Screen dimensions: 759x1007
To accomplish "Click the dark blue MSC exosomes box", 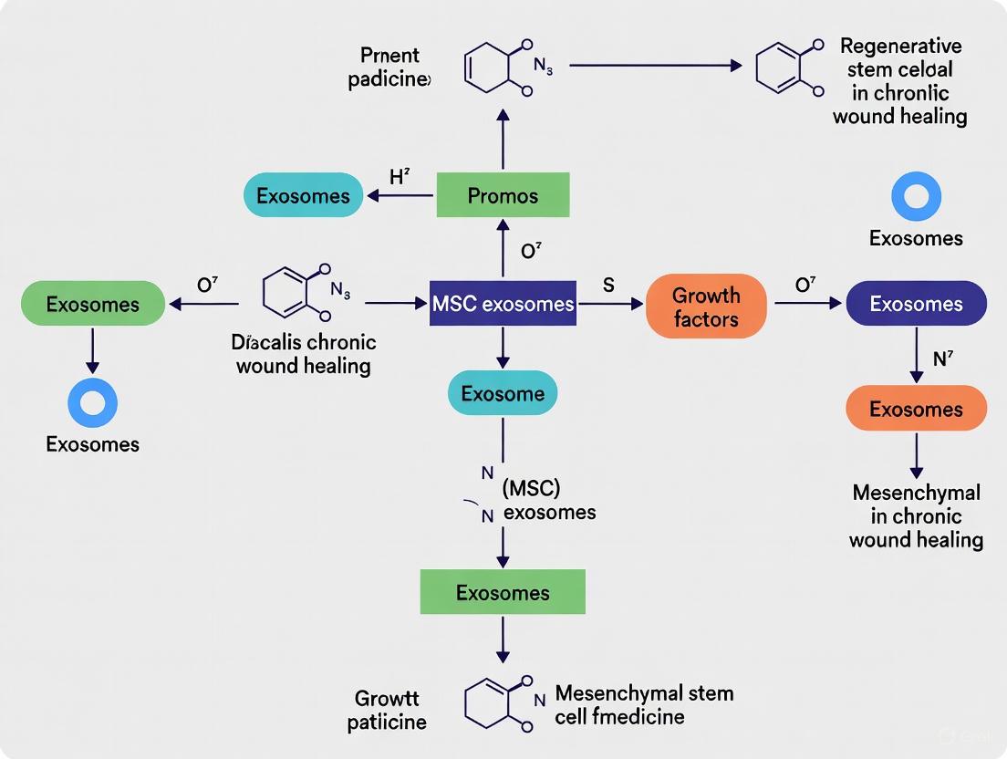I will [503, 304].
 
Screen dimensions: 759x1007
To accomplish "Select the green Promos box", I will [503, 195].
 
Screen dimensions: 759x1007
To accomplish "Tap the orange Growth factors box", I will [705, 307].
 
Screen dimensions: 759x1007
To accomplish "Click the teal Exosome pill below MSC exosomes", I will [502, 394].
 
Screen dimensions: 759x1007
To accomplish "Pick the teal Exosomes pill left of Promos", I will [303, 195].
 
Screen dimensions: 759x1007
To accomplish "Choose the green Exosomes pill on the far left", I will [92, 304].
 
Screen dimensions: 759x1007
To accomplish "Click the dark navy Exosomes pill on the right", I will [916, 304].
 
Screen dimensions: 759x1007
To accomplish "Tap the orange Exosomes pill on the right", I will [916, 409].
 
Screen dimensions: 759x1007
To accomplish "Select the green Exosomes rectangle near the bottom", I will [502, 593].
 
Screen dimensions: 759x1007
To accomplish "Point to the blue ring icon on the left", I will [92, 403].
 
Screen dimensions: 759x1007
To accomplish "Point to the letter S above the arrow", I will [608, 285].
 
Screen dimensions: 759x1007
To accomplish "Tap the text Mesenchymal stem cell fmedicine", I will [644, 704].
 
